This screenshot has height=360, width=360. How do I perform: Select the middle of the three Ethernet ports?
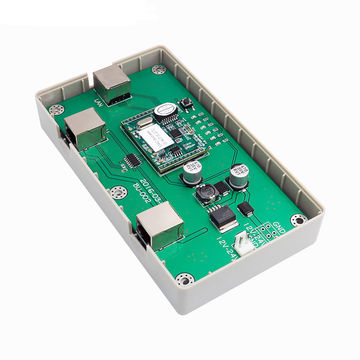pos(87,128)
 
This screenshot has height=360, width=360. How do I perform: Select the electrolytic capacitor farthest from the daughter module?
pos(237,176)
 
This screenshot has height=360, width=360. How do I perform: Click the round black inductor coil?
pos(208,191)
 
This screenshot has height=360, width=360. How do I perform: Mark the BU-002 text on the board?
pos(143,194)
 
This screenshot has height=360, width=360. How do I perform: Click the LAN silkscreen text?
pos(97,100)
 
